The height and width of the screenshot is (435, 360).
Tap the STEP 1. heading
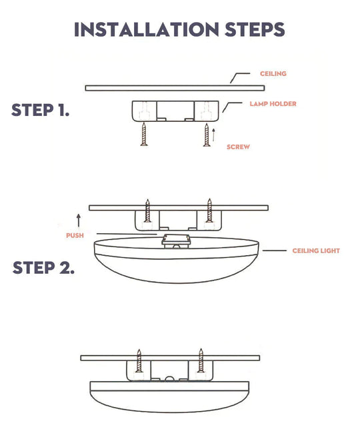(x=40, y=111)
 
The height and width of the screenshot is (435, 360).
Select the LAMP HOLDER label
(x=273, y=104)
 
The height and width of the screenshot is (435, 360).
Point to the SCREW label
(x=238, y=147)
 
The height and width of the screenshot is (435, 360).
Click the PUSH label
(x=75, y=236)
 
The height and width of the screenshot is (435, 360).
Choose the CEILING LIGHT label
(x=316, y=251)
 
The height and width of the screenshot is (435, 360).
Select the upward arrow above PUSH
(x=79, y=220)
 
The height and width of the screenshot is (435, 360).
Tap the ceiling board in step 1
(x=175, y=87)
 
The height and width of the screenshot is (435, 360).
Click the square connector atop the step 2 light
(x=175, y=239)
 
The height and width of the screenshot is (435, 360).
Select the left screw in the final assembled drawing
(x=139, y=361)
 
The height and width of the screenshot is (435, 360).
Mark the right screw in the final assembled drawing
(x=200, y=361)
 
